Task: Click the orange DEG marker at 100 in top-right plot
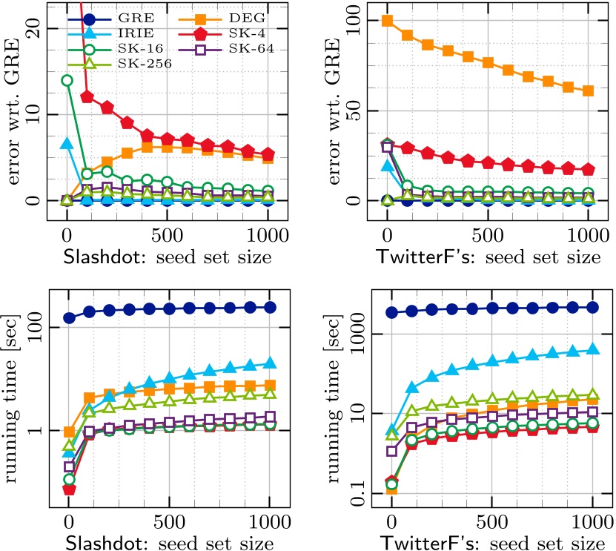pos(387,21)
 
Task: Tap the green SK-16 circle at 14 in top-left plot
pos(67,80)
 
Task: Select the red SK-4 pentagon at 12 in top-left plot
pos(87,97)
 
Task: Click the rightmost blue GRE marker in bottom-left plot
pos(270,307)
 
